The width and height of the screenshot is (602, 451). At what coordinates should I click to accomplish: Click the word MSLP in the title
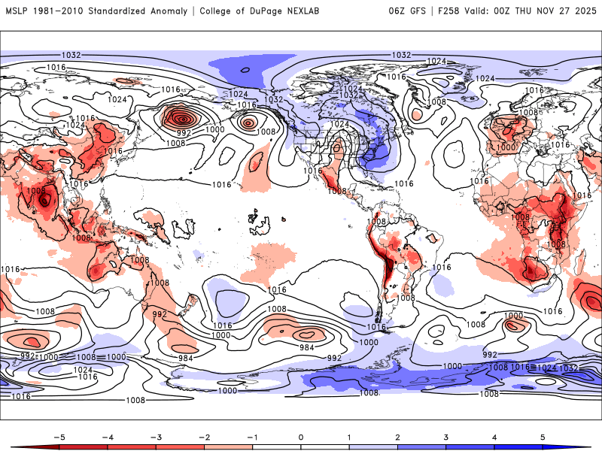pyautogui.click(x=17, y=11)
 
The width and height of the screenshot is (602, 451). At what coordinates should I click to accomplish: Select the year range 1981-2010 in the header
pyautogui.click(x=59, y=11)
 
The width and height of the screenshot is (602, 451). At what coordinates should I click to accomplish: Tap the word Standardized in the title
pyautogui.click(x=121, y=11)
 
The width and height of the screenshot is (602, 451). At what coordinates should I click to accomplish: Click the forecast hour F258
pyautogui.click(x=449, y=11)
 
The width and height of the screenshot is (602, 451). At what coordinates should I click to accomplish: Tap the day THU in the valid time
pyautogui.click(x=534, y=11)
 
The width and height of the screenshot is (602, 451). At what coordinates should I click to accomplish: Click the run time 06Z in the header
pyautogui.click(x=397, y=11)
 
